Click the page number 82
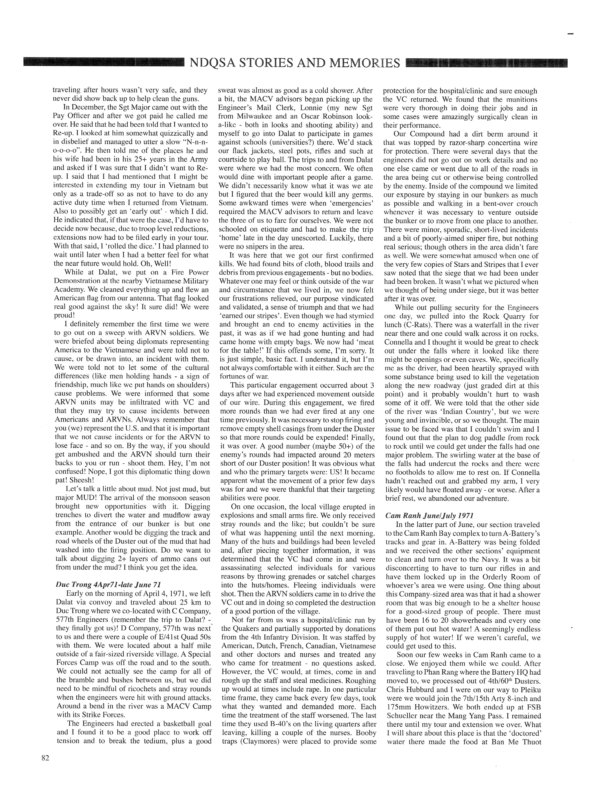click(45, 758)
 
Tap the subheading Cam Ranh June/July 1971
click(430, 515)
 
